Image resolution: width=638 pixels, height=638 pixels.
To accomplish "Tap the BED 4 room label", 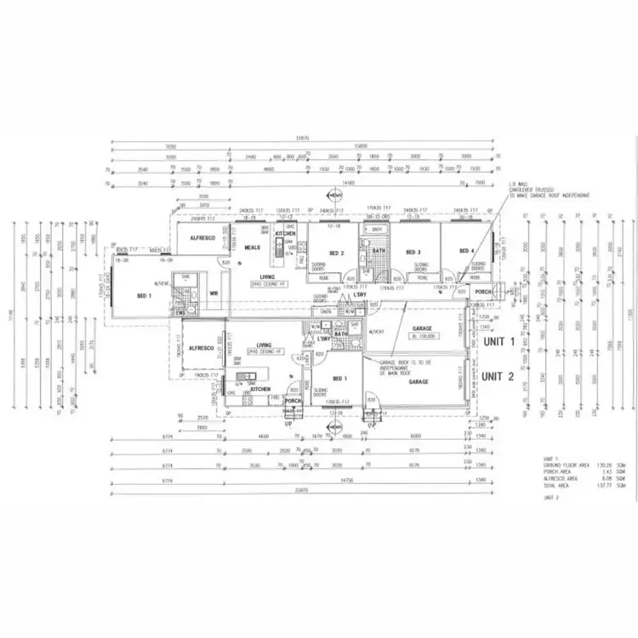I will tap(465, 252).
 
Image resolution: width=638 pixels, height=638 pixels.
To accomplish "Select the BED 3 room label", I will tap(413, 253).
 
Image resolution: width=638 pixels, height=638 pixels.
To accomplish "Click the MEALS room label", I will tap(252, 248).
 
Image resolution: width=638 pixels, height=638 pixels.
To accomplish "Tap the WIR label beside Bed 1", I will tap(214, 295).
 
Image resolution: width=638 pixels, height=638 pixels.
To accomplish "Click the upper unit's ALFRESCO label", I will tap(205, 241).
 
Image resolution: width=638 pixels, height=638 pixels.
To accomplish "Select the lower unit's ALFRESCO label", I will tap(201, 348).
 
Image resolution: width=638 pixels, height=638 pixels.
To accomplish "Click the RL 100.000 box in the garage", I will tap(422, 338).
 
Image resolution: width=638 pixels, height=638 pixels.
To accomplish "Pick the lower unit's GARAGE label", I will tap(418, 383).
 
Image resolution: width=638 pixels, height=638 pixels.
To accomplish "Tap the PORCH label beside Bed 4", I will tap(485, 292).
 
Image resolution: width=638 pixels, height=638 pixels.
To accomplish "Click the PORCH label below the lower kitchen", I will tap(293, 401).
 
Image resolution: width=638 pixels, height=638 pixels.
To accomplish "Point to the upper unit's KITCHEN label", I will tap(285, 233).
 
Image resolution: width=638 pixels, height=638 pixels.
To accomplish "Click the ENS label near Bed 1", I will tap(180, 314).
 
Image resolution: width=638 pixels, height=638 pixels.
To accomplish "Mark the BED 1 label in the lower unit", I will tap(339, 378).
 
